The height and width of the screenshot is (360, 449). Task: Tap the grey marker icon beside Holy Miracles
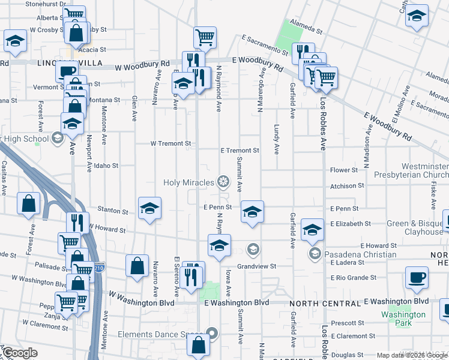click(x=223, y=181)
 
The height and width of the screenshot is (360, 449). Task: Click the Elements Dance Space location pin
click(x=211, y=334)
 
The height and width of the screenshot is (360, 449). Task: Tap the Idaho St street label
click(x=106, y=166)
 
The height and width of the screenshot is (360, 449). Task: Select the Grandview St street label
click(x=256, y=266)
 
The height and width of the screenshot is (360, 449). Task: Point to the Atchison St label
click(x=347, y=186)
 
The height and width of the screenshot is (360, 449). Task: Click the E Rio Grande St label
click(x=354, y=278)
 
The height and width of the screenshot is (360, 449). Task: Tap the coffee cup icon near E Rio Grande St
click(x=417, y=278)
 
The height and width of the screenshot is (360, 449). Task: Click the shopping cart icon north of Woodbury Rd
click(x=205, y=38)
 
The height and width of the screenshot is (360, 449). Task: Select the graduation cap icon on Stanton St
click(x=149, y=208)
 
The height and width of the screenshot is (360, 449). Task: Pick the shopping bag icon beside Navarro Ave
click(x=137, y=266)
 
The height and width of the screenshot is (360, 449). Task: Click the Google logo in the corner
click(x=20, y=353)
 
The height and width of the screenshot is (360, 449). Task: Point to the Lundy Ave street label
click(x=277, y=139)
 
